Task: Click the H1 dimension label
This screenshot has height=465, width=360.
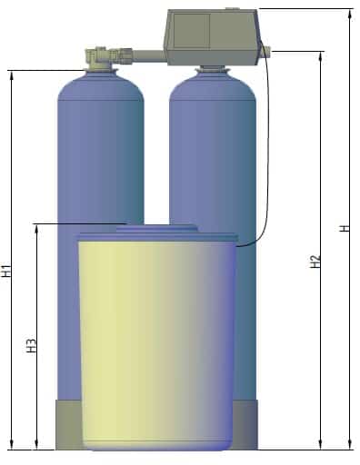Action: [6, 271]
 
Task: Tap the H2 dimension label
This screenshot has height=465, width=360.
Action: [316, 262]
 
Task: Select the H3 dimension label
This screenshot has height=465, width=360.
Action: [32, 345]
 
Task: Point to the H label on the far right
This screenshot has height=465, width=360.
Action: [345, 228]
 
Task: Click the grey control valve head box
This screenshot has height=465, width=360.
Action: [212, 37]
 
